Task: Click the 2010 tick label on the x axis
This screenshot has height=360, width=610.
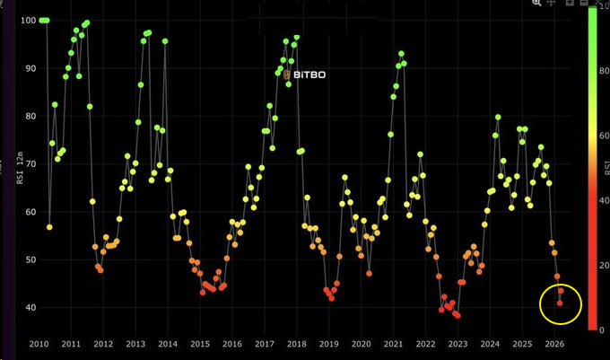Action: click(x=39, y=344)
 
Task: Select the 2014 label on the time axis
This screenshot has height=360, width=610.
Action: click(x=168, y=344)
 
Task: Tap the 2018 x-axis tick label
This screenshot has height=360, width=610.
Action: click(x=297, y=344)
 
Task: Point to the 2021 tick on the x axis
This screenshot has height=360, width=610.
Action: click(x=394, y=344)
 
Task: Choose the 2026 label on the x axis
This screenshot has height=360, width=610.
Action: click(x=554, y=344)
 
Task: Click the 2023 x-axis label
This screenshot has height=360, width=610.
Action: click(x=458, y=344)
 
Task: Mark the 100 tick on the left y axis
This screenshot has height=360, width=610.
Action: click(x=27, y=20)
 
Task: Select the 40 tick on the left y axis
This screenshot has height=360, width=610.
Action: click(x=30, y=308)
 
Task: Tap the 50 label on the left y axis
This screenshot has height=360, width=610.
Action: click(x=30, y=260)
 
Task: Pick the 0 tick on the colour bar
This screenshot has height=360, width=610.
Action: click(x=604, y=329)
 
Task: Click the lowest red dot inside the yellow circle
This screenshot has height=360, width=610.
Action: click(x=560, y=303)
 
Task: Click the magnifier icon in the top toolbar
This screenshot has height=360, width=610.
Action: click(x=536, y=4)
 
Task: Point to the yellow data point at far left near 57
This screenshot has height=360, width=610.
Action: click(x=49, y=227)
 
